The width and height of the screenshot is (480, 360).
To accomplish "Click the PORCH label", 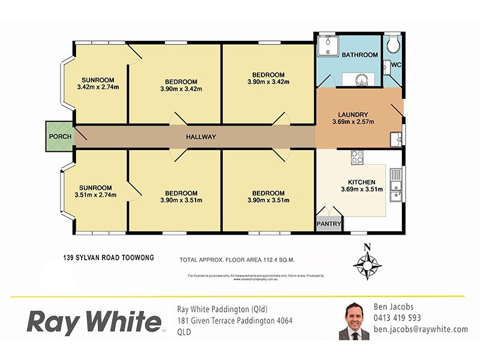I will pos(60,136).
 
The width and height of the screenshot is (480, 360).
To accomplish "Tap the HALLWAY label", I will pos(200,137).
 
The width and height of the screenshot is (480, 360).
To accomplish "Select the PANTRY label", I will pos(329,224).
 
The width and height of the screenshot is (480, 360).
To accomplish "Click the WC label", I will pos(395,64).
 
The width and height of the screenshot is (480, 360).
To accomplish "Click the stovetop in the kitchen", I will pos(357,157).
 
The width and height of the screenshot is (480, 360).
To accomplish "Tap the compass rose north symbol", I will pos(368,247).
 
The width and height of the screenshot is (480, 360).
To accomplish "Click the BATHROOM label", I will pos(360,55).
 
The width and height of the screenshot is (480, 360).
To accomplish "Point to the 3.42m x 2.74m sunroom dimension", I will pos(98,88).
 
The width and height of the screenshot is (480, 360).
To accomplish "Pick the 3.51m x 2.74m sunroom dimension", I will pos(95,194).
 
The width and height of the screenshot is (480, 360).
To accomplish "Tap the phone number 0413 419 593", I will pos(397,318).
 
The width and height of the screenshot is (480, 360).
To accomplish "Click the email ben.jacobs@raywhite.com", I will pos(420,329).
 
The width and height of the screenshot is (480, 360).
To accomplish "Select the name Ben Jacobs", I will pos(394,307).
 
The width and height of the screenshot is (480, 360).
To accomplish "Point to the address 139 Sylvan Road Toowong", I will pos(109,257).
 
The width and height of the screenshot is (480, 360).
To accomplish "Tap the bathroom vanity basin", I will pos(362,77).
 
